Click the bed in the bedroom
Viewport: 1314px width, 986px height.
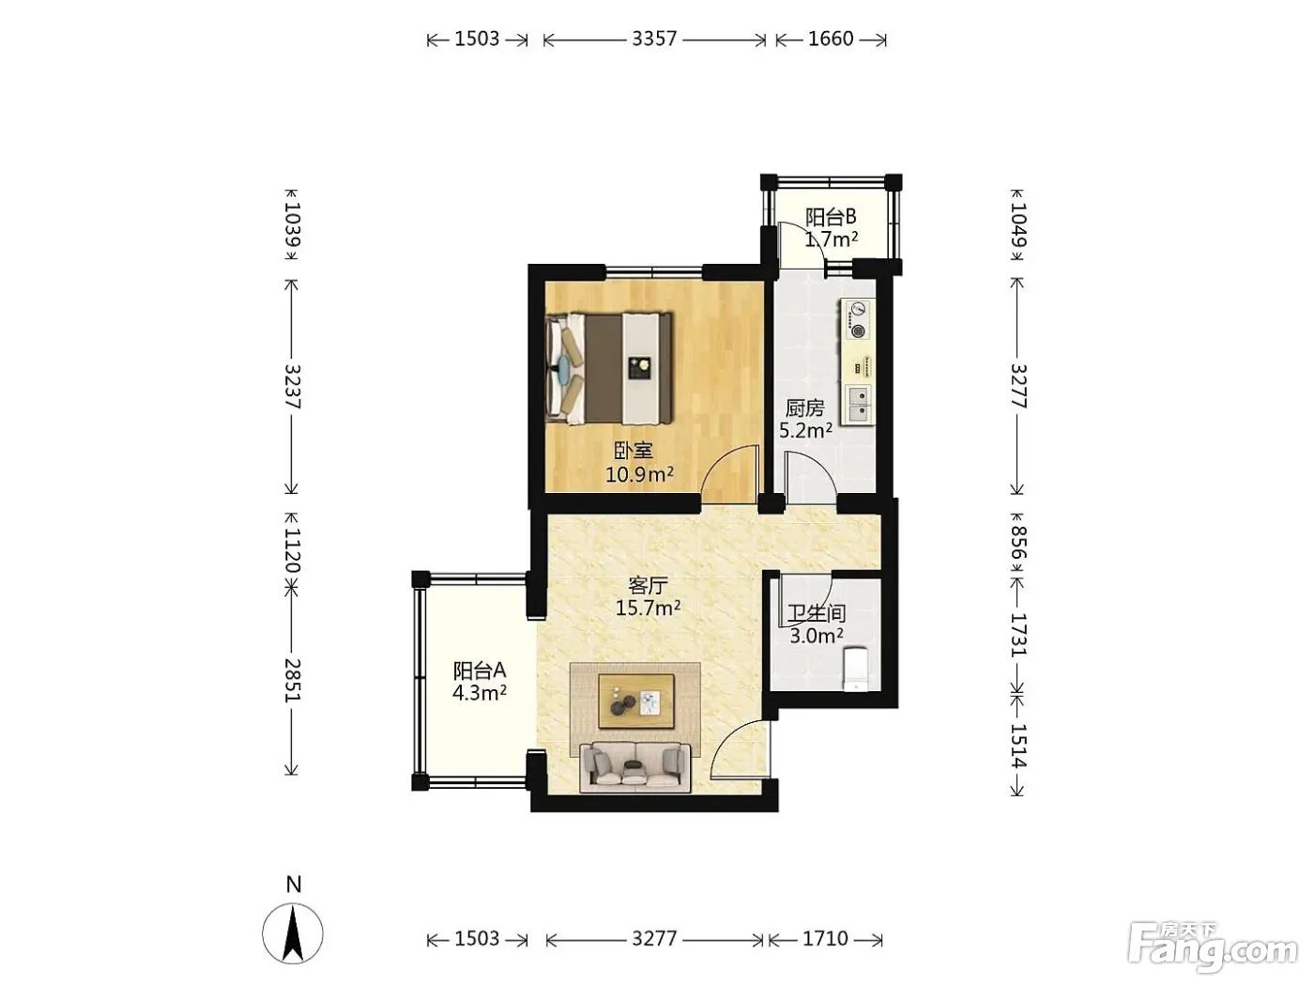[609, 368]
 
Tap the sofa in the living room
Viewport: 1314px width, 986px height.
[635, 767]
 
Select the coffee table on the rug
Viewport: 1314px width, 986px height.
[636, 701]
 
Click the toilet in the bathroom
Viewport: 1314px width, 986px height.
[855, 670]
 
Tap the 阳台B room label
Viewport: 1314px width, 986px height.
[831, 216]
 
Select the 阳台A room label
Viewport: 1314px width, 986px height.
[480, 670]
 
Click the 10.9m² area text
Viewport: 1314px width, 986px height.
[639, 475]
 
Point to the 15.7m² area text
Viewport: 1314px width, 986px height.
[649, 609]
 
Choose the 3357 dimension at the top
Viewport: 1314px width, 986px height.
[654, 39]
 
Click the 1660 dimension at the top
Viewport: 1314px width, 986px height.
[831, 39]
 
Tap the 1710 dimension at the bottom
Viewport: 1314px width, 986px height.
[825, 938]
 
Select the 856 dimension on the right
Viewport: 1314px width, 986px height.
[1018, 543]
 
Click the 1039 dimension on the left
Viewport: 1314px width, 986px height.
[292, 224]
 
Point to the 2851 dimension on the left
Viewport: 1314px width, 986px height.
[292, 680]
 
